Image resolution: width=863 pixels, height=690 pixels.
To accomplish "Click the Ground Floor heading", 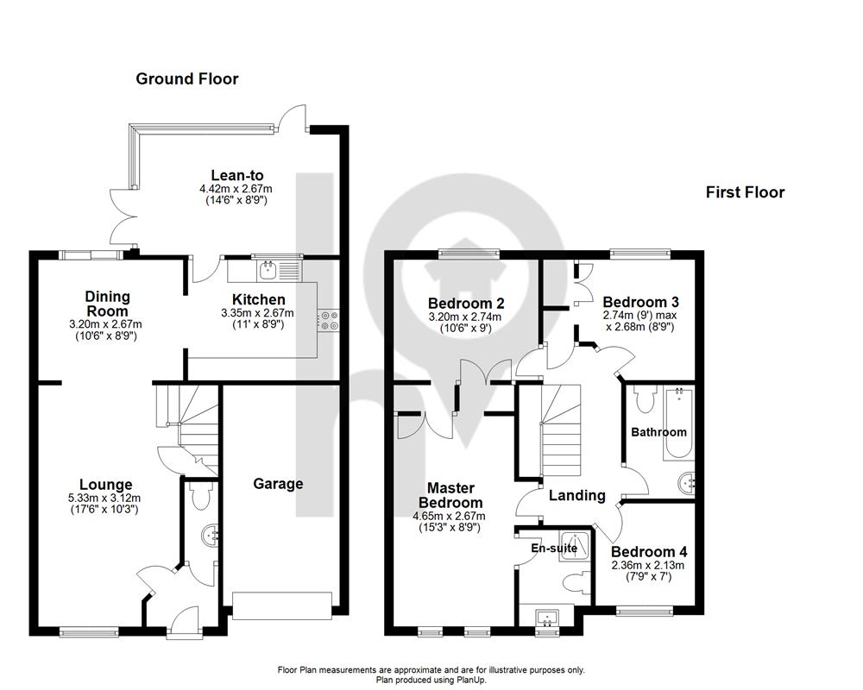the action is tap(187, 78).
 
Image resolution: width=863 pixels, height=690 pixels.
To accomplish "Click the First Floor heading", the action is tap(746, 192).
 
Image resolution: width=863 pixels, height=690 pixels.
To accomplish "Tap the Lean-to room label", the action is tap(237, 176).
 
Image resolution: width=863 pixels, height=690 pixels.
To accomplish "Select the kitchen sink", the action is tap(268, 270).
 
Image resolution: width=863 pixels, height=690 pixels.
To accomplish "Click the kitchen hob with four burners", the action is tap(329, 320).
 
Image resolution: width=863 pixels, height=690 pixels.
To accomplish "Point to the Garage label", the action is tap(278, 484).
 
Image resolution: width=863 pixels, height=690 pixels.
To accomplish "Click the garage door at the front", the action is tap(282, 605).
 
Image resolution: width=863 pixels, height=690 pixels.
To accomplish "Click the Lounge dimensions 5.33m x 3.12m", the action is tap(104, 498).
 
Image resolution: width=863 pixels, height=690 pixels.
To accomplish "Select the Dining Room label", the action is tap(108, 304).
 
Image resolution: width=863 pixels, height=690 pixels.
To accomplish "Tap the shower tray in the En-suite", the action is tap(575, 546).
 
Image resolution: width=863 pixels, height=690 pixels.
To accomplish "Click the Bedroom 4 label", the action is tap(649, 551).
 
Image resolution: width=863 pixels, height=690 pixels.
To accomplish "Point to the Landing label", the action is tap(577, 496).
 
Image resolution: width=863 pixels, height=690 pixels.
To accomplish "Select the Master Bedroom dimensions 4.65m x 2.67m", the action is tap(449, 516).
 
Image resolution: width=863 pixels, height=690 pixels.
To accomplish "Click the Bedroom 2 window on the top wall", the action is tap(469, 254).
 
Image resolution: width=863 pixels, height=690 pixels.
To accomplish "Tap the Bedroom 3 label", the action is tap(640, 302).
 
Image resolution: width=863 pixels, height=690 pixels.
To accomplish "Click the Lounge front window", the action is tap(89, 632).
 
